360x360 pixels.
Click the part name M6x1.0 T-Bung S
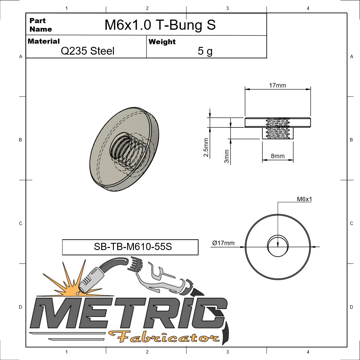(x=160, y=25)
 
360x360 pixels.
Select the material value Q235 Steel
(x=87, y=51)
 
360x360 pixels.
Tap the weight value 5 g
(x=205, y=51)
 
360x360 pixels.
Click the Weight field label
(x=162, y=42)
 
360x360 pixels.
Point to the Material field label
(x=44, y=41)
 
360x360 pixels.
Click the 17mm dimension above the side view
(x=277, y=85)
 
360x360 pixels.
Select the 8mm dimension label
(x=277, y=156)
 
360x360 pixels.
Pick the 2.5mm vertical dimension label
(x=206, y=148)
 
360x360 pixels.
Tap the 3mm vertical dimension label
(x=227, y=156)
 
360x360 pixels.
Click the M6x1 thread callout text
(x=304, y=200)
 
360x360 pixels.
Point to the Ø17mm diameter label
(x=223, y=243)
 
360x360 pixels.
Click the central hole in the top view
(x=278, y=246)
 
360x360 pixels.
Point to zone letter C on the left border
(x=20, y=223)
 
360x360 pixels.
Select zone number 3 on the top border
(x=227, y=8)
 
